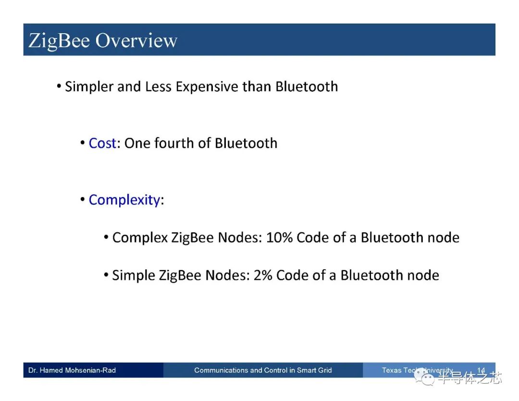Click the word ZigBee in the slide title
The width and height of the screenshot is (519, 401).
pyautogui.click(x=59, y=41)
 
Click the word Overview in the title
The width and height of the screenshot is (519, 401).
pyautogui.click(x=136, y=40)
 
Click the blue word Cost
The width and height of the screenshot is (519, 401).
pyautogui.click(x=102, y=143)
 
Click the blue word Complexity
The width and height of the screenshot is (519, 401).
pyautogui.click(x=124, y=200)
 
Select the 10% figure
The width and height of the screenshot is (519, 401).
pyautogui.click(x=279, y=238)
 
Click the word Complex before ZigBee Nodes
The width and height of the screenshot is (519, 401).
pyautogui.click(x=140, y=238)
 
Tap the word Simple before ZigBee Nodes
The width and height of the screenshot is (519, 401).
pyautogui.click(x=134, y=276)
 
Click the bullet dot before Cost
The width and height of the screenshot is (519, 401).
pyautogui.click(x=83, y=143)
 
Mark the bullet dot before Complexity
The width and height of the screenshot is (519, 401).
pyautogui.click(x=83, y=200)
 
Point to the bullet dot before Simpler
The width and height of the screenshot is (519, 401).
pyautogui.click(x=59, y=87)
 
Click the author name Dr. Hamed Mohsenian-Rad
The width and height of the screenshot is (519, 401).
pyautogui.click(x=72, y=370)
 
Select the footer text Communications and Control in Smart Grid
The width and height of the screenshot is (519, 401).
pyautogui.click(x=263, y=370)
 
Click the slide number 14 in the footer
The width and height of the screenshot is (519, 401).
pyautogui.click(x=481, y=370)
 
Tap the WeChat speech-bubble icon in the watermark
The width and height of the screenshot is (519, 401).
pyautogui.click(x=424, y=377)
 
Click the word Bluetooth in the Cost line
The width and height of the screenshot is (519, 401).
pyautogui.click(x=246, y=143)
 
